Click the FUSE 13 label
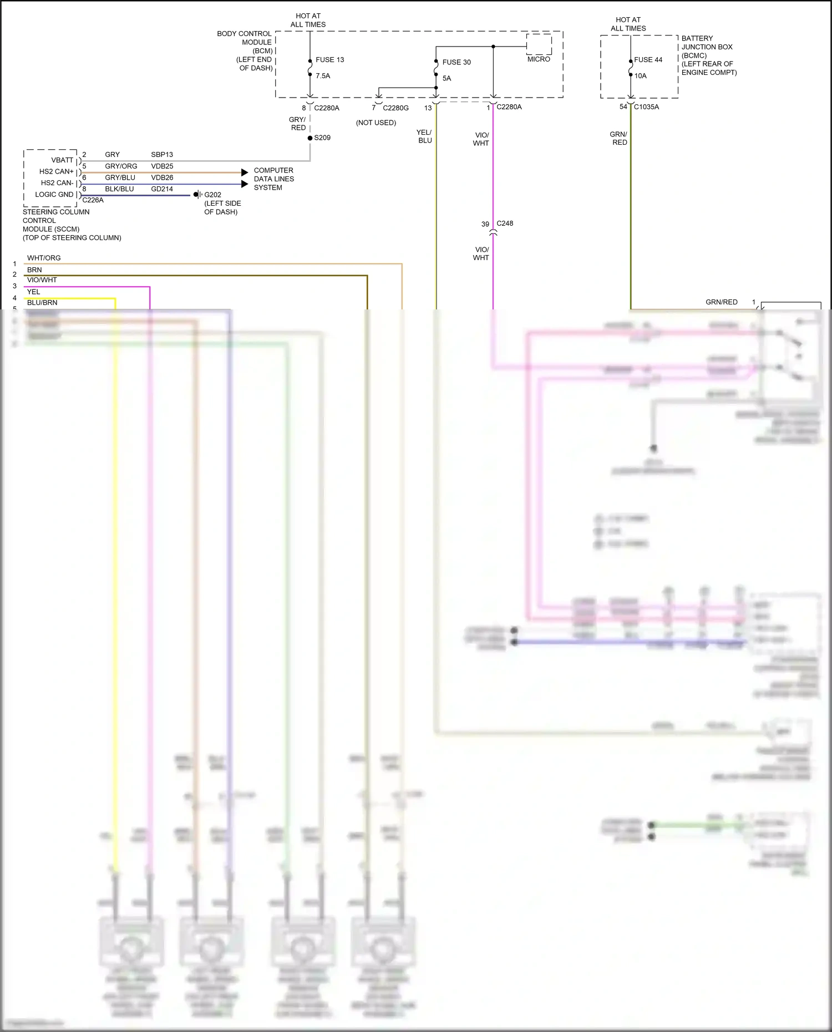tap(329, 60)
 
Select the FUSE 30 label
tap(456, 62)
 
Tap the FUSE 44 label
tap(648, 60)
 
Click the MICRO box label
tap(539, 59)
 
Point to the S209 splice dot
tap(310, 138)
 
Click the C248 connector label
tap(505, 223)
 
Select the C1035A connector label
tap(646, 107)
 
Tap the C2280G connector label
tap(395, 108)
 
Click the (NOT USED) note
tap(376, 123)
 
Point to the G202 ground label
tap(212, 195)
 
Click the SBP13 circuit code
tap(162, 155)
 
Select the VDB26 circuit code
tap(162, 177)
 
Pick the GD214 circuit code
tap(162, 189)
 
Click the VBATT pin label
tap(62, 160)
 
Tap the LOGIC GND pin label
tap(54, 195)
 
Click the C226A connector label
tap(93, 200)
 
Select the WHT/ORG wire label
tap(44, 258)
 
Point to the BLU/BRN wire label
tap(42, 303)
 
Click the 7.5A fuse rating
tap(323, 76)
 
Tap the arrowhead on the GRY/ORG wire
tap(245, 172)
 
